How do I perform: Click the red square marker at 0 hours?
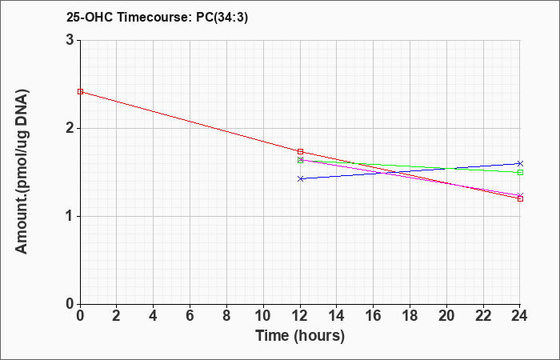(x=80, y=92)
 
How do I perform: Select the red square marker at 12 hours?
(x=300, y=152)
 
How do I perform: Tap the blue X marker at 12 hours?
(x=300, y=178)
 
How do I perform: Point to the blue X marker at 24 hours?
(x=520, y=163)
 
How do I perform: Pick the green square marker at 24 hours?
(x=520, y=173)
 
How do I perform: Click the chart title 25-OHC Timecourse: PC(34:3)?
(x=157, y=17)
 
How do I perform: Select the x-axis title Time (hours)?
(x=300, y=336)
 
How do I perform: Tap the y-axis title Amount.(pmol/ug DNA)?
(x=22, y=172)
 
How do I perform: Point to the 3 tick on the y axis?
(x=70, y=40)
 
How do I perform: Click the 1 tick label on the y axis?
(x=70, y=216)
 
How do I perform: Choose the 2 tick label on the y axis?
(x=70, y=128)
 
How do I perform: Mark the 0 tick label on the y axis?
(x=70, y=304)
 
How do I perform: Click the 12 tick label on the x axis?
(x=300, y=316)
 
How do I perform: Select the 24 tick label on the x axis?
(x=519, y=316)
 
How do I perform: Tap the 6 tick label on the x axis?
(x=190, y=316)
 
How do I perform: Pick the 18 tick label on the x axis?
(x=410, y=316)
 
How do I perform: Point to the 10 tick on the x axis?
(x=263, y=316)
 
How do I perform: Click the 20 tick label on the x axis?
(x=446, y=316)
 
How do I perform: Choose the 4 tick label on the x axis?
(x=154, y=316)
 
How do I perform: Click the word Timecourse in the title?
(x=155, y=17)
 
